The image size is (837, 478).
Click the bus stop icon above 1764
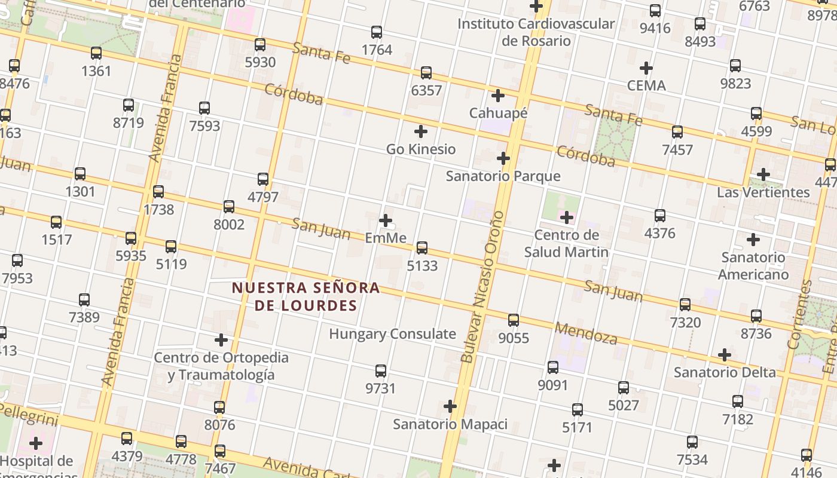(377, 32)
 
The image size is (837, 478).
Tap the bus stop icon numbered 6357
(426, 73)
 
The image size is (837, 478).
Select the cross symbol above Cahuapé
(498, 95)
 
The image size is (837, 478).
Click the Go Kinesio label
(421, 149)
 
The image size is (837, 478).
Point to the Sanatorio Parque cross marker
(503, 158)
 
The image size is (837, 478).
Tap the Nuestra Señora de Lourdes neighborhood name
(306, 296)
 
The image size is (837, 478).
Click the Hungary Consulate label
(392, 334)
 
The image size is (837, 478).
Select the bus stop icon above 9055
(514, 320)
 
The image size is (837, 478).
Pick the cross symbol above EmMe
(386, 220)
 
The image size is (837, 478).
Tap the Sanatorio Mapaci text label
(450, 424)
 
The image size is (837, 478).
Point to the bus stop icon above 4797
(263, 179)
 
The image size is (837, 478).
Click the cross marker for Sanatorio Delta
(725, 355)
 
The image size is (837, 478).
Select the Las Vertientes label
(763, 192)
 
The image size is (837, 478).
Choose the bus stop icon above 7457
(677, 132)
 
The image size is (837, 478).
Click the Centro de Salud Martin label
(566, 243)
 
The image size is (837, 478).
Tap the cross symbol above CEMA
(646, 68)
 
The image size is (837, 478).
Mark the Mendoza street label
(586, 333)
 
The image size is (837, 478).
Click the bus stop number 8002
(229, 225)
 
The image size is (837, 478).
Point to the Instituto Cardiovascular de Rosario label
(536, 32)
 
